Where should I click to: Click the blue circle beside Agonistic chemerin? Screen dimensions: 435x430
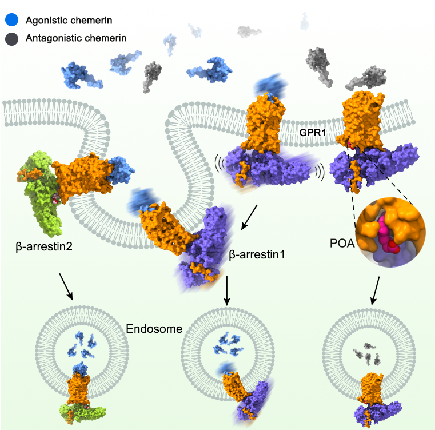click(11, 20)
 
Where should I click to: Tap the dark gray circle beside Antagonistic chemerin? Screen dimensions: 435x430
click(11, 38)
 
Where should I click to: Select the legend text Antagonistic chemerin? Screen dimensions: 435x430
click(76, 38)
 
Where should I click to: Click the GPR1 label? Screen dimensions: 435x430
click(312, 133)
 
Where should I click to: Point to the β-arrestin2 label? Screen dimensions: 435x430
click(44, 246)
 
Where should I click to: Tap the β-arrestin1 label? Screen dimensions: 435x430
click(257, 254)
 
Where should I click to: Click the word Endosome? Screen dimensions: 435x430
click(154, 329)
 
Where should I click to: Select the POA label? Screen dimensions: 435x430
click(342, 243)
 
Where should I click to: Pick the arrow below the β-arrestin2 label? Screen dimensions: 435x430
click(66, 286)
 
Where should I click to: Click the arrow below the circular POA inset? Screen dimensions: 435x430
click(376, 290)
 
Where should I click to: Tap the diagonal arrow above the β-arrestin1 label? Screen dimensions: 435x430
click(249, 217)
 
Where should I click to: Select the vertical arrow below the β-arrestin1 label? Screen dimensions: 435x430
click(227, 290)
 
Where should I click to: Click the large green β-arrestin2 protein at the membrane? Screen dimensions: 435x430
click(42, 192)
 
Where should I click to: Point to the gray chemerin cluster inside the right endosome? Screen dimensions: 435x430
click(367, 354)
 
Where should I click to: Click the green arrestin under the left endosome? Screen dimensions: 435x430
click(82, 413)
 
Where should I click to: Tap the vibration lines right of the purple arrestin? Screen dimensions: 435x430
click(320, 172)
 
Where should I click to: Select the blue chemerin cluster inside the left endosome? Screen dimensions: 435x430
click(82, 344)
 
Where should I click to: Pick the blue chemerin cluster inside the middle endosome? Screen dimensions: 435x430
click(227, 345)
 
